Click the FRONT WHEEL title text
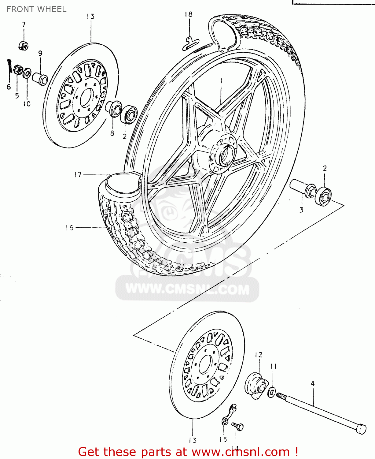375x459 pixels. [36, 9]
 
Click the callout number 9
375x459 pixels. [40, 53]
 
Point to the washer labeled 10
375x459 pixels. [27, 73]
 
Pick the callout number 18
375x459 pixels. [189, 14]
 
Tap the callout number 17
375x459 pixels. [78, 174]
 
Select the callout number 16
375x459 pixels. [69, 228]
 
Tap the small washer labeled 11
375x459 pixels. [271, 392]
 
